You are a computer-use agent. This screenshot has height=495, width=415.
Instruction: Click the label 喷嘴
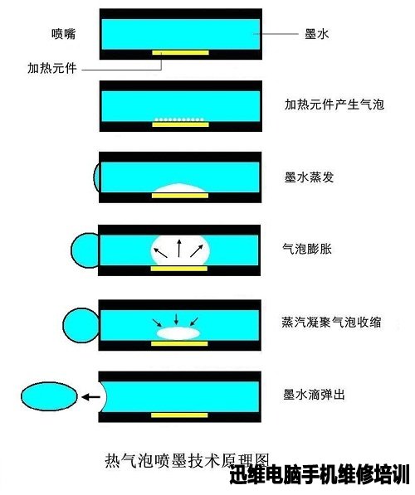(x=64, y=34)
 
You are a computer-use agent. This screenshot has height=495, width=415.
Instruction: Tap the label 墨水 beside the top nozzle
(x=317, y=34)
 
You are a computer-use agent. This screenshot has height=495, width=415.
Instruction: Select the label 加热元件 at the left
(x=52, y=68)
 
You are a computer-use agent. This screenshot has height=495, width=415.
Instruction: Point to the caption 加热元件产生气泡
(x=334, y=104)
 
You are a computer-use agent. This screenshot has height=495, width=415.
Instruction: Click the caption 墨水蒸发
(x=309, y=177)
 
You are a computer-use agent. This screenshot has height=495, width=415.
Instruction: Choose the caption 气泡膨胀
(x=307, y=249)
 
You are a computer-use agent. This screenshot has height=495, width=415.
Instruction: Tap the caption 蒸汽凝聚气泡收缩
(x=331, y=322)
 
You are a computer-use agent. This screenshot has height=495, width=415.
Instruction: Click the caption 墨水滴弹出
(x=314, y=395)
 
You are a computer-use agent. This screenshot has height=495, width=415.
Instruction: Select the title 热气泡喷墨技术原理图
(x=187, y=461)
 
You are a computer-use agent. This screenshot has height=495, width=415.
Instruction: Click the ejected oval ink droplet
(x=49, y=396)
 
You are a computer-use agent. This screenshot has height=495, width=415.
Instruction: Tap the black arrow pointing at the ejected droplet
(x=91, y=397)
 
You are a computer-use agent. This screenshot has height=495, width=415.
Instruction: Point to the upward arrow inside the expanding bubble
(x=179, y=248)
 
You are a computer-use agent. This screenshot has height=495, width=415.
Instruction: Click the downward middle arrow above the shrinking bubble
(x=176, y=319)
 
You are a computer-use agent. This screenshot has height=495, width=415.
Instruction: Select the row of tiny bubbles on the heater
(x=179, y=119)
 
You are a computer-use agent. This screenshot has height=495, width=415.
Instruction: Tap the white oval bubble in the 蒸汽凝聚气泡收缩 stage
(x=178, y=333)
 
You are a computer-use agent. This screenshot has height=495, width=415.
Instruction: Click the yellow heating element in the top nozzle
(x=180, y=52)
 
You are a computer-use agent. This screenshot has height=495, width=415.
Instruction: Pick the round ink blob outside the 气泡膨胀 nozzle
(x=84, y=250)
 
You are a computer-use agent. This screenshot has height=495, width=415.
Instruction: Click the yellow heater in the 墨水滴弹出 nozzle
(x=179, y=415)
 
